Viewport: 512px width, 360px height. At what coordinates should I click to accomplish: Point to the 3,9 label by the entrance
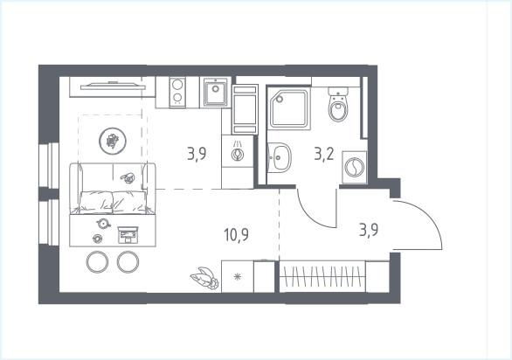pos(371,231)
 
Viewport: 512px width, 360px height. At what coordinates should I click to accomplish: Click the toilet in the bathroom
pos(338,109)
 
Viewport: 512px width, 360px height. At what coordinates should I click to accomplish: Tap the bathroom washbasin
pos(280,158)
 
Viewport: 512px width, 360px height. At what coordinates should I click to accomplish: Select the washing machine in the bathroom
pos(354,166)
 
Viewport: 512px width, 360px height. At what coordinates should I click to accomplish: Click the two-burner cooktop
pos(177,92)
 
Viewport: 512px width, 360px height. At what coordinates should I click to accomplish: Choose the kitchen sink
pos(216,92)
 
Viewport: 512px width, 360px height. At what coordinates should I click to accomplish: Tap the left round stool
pos(96,261)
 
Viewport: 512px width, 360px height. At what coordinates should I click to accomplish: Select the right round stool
pos(128,261)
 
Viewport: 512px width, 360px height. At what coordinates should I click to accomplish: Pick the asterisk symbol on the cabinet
pos(236,280)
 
